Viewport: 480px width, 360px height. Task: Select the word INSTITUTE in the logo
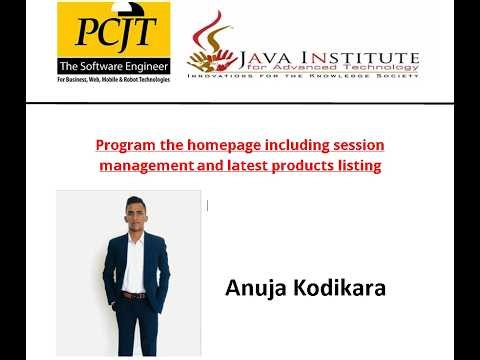coord(361,44)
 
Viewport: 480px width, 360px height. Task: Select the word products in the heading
coord(298,165)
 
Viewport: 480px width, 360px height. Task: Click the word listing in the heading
coord(357,165)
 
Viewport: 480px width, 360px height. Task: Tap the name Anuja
coord(254,290)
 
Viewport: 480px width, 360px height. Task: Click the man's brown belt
coord(134,295)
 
